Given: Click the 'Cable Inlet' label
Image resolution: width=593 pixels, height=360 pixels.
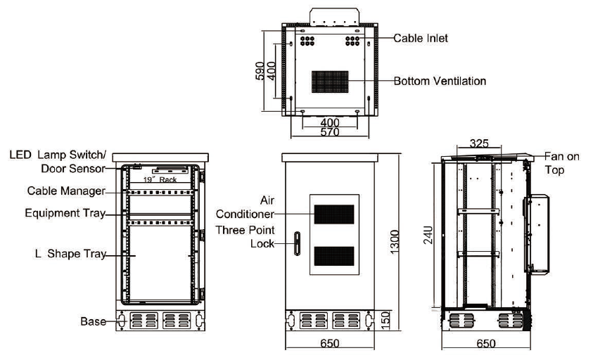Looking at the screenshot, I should (x=421, y=38).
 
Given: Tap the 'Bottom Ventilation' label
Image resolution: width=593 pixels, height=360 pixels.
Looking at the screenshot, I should (x=440, y=81).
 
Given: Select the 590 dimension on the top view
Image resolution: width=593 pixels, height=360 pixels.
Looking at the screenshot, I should (x=260, y=71).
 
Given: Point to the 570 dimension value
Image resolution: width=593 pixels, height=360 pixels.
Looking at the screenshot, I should (x=330, y=132).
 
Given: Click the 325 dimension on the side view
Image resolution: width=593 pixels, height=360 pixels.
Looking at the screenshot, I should (x=478, y=143).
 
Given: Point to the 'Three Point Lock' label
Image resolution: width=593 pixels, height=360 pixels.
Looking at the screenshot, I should (x=245, y=237).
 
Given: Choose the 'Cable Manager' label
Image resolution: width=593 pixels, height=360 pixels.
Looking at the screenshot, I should (x=66, y=191).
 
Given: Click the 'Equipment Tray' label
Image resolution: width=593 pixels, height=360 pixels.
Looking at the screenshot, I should (x=65, y=212).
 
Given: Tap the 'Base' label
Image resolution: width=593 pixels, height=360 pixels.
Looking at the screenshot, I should (x=92, y=321).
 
